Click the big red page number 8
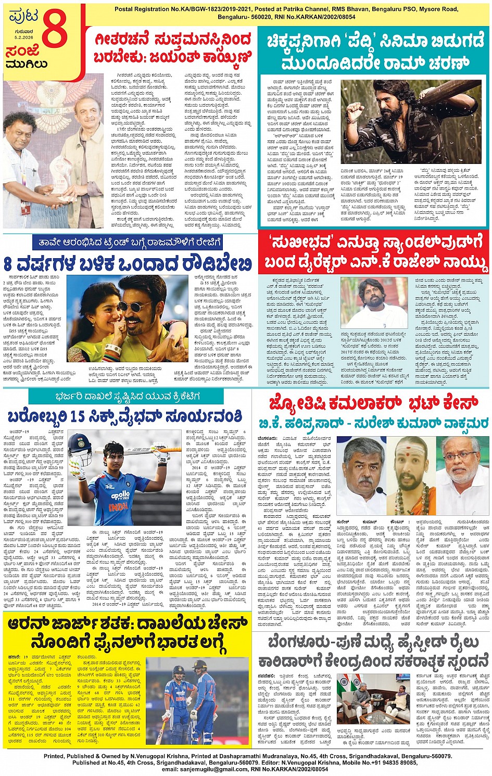[x=55, y=30]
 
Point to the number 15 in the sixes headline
[x=77, y=417]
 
